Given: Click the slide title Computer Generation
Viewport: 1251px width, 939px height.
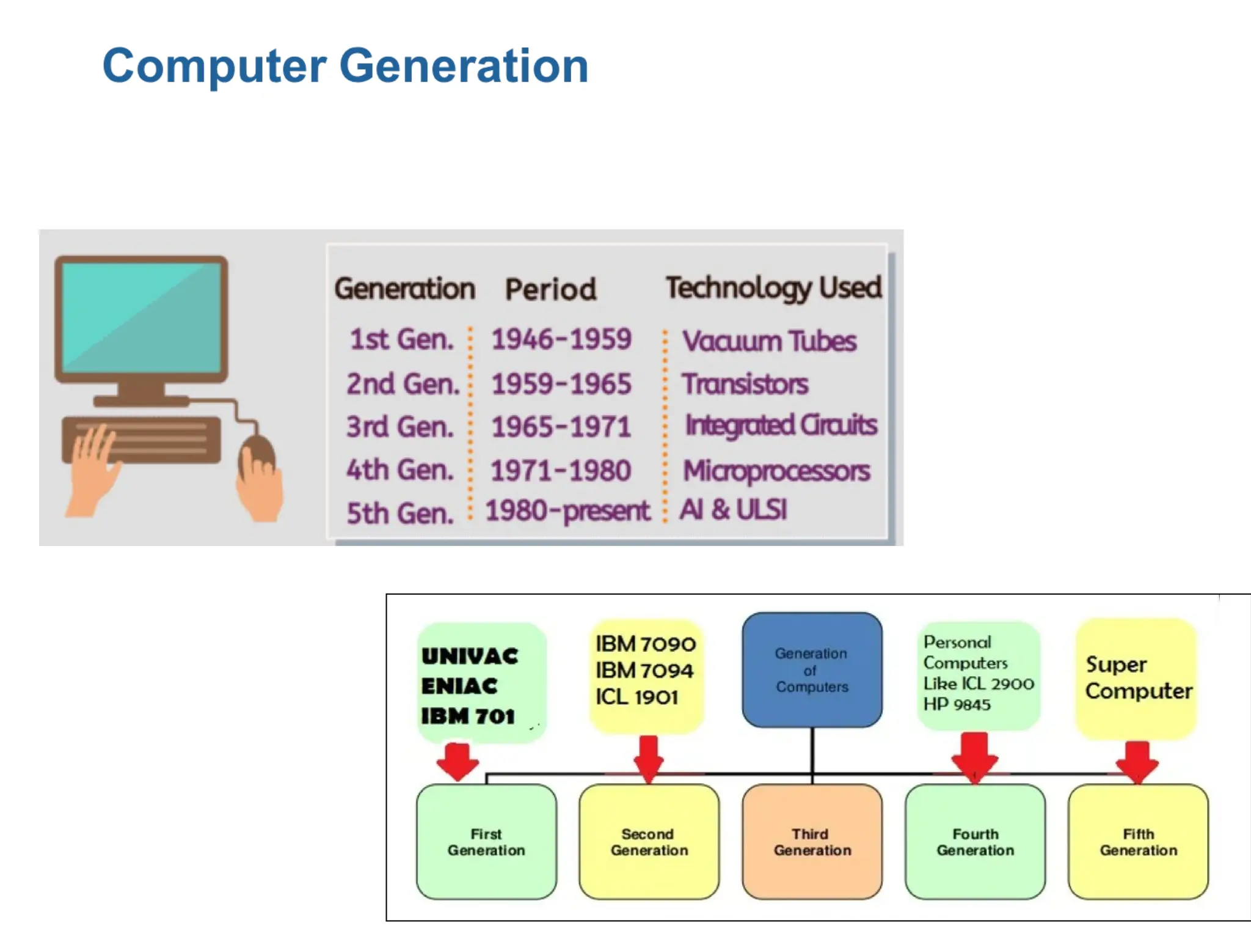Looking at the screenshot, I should click(x=345, y=66).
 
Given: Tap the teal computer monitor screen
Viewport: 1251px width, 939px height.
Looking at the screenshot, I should click(x=142, y=316).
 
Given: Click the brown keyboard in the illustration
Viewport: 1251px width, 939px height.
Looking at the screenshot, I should click(x=142, y=440).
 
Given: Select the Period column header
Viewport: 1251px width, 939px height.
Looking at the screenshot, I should click(x=550, y=289).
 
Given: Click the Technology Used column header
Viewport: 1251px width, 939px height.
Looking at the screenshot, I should click(x=773, y=288).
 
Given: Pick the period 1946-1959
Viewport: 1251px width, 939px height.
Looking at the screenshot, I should click(x=561, y=339).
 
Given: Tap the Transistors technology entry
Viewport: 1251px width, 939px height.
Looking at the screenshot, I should click(x=745, y=385).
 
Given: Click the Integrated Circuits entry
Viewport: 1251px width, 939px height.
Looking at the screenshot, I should click(x=781, y=425).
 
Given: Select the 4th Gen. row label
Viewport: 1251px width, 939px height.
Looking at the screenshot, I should click(x=400, y=470).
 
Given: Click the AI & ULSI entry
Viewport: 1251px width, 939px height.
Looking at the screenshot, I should click(x=734, y=510).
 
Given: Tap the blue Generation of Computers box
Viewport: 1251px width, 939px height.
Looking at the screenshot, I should click(x=812, y=670).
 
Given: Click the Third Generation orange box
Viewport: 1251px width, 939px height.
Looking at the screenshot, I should click(x=812, y=842).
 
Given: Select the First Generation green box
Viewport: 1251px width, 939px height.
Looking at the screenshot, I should click(x=486, y=842).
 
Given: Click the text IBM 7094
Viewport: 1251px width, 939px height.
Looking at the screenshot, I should click(x=644, y=671).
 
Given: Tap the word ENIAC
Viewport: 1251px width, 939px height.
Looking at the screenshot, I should click(x=459, y=686).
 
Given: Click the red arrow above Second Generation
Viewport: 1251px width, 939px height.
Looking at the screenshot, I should click(x=648, y=758).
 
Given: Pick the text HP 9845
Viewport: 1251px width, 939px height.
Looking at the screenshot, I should click(x=957, y=705).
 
